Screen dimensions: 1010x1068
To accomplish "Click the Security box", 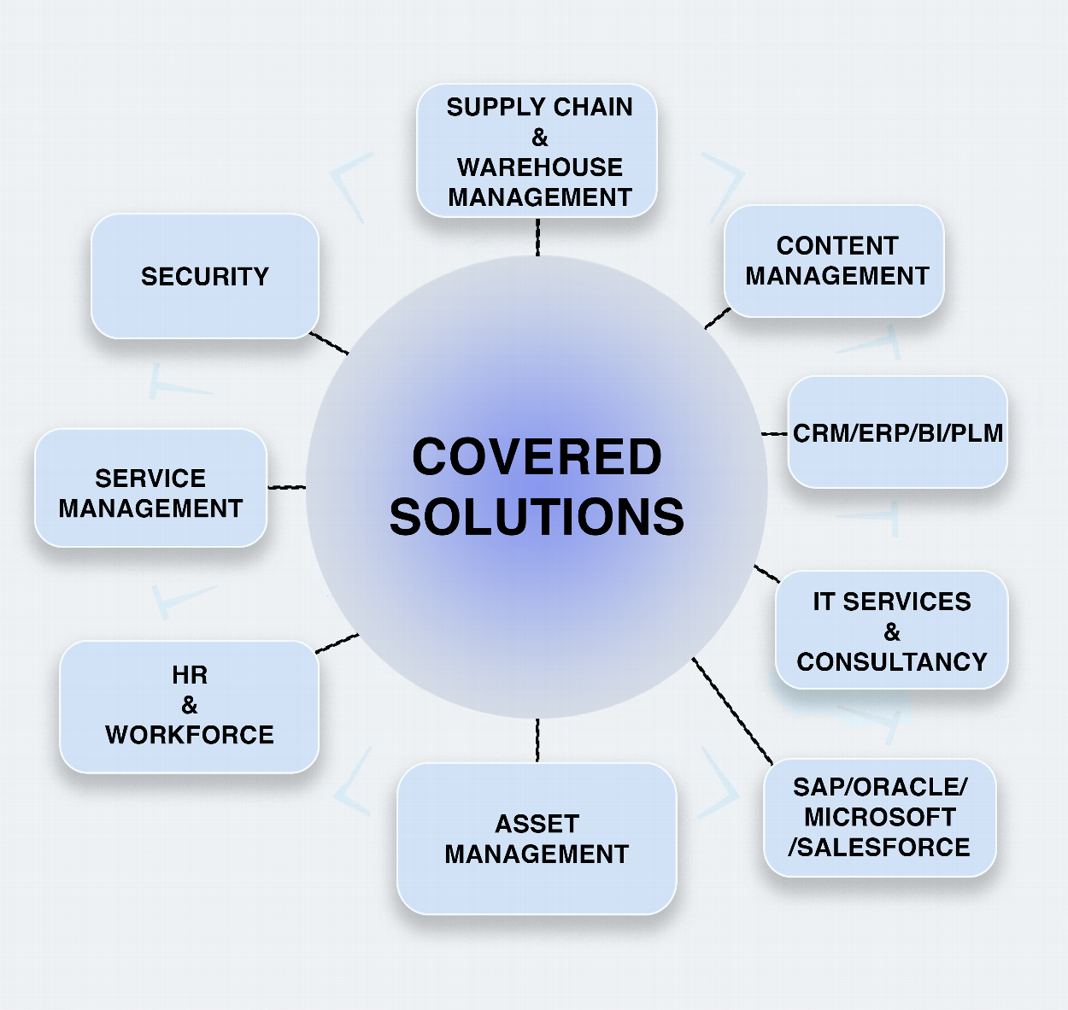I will tap(205, 276).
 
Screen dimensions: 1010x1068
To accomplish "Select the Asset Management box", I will tap(537, 838).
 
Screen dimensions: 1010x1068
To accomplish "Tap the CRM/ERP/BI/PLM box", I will tap(897, 433).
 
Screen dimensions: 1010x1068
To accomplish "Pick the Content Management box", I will tap(836, 261).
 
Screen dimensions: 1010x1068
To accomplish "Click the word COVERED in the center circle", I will tap(537, 457).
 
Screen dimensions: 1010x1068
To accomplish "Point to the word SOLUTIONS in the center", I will tap(537, 517).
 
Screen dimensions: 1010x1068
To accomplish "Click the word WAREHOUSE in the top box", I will tap(539, 167).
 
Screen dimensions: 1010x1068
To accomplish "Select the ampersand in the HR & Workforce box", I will tap(189, 705).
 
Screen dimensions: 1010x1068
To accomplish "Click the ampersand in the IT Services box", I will tap(892, 632).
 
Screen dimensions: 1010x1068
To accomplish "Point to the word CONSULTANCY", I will tap(892, 662).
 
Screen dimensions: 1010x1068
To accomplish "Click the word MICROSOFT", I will tap(879, 817).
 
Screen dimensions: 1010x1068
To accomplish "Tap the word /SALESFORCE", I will tap(879, 847).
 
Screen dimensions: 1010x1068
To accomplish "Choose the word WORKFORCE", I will tap(189, 735).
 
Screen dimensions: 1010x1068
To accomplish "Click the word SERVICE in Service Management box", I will tap(150, 478).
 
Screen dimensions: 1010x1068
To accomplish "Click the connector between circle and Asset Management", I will tap(537, 740).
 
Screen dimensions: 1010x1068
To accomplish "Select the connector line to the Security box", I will tap(329, 344).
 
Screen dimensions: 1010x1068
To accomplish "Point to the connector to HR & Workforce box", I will tap(337, 643).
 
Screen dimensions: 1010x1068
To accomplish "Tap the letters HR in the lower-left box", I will tap(189, 675).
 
